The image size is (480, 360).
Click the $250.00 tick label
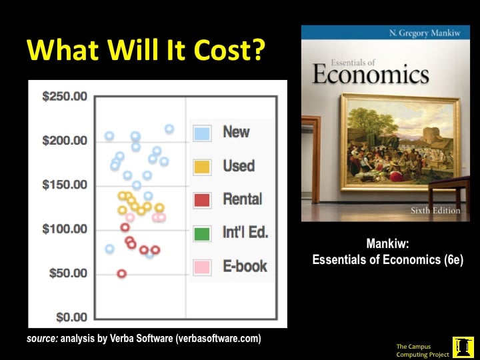65,97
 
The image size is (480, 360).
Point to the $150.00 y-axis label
65,185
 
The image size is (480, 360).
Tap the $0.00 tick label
71,317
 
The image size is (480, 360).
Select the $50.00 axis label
68,273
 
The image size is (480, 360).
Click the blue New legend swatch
202,133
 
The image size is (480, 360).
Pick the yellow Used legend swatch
202,167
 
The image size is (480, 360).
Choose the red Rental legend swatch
202,200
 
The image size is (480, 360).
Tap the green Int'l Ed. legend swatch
202,233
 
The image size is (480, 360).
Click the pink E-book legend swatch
202,267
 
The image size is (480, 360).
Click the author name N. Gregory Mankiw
425,33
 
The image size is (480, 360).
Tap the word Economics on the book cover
371,75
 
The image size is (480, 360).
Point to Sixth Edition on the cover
435,211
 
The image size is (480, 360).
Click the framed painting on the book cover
401,143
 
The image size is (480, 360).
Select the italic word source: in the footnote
42,339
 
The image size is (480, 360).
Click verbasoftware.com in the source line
218,339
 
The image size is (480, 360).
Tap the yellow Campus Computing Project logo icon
463,347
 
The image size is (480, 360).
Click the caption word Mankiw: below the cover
387,244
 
